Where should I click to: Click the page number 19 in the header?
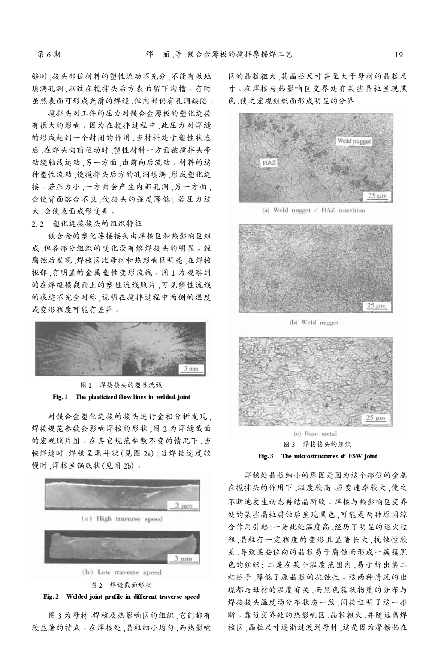pos(399,55)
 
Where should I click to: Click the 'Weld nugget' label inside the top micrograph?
pos(354,141)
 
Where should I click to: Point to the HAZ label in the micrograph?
pos(268,163)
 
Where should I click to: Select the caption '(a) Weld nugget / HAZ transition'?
pos(313,211)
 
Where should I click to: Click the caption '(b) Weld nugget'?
pos(314,322)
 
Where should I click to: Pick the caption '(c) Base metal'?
pos(315,433)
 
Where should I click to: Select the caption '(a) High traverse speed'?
pos(122,519)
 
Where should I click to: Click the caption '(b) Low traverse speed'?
pos(122,572)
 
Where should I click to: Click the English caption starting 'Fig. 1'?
pos(121,397)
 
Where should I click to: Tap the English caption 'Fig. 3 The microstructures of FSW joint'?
pos(317,456)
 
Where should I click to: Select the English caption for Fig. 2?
pos(121,596)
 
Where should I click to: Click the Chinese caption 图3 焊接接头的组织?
pos(317,444)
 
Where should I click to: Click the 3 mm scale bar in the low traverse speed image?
pos(184,559)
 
